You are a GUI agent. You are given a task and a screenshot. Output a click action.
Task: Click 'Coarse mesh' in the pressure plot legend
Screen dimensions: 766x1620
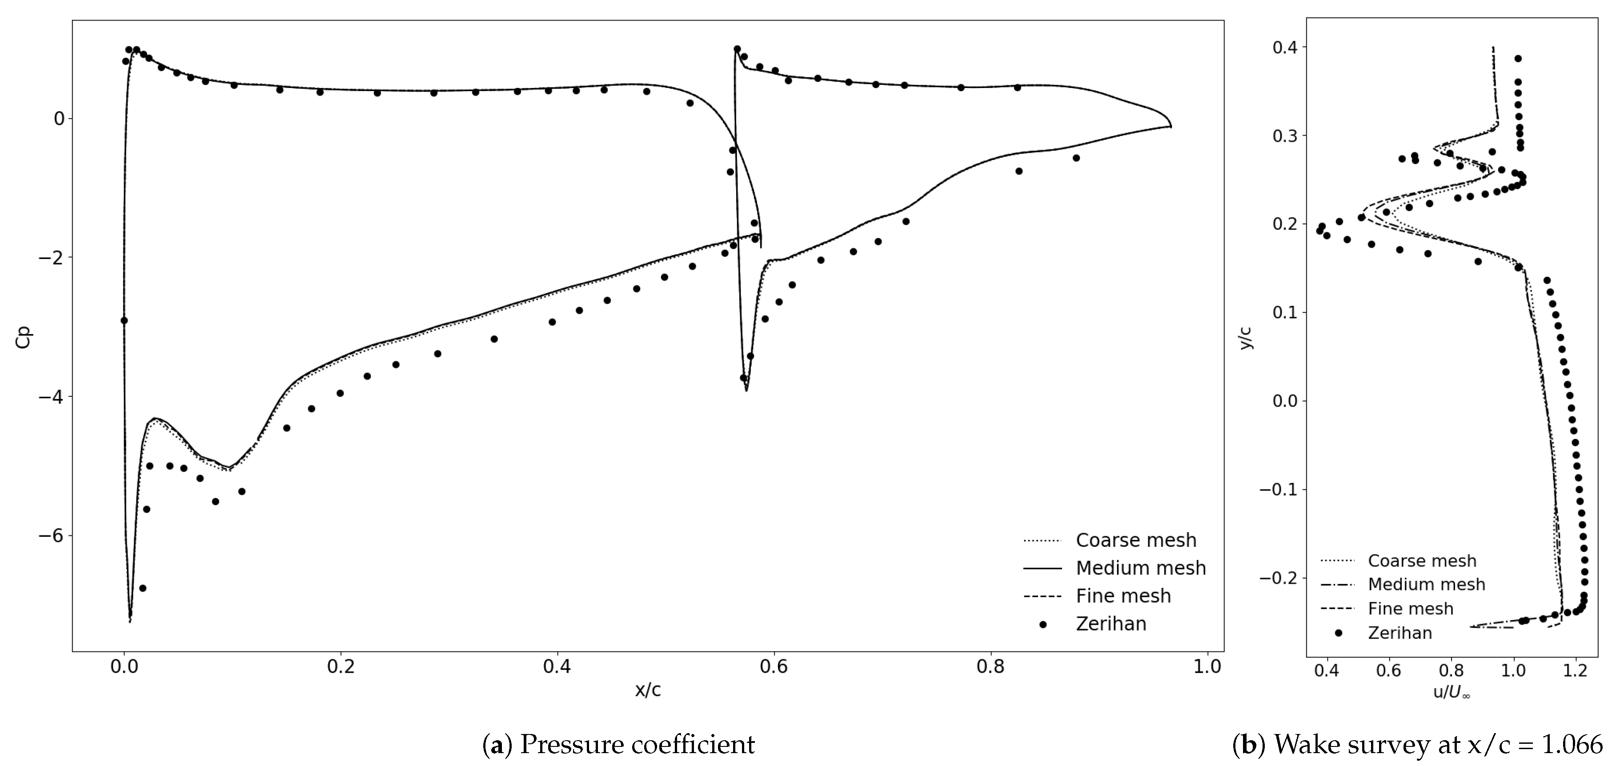[x=1136, y=540]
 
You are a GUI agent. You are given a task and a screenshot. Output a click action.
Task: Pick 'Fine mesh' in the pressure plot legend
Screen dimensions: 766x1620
[x=1123, y=596]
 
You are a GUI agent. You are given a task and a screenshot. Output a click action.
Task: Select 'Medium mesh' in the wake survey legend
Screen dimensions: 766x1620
[x=1426, y=584]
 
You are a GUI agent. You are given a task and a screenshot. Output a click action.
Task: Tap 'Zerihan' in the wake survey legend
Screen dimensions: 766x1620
[x=1400, y=633]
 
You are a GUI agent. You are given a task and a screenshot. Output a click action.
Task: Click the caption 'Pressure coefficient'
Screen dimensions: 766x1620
[x=637, y=745]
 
